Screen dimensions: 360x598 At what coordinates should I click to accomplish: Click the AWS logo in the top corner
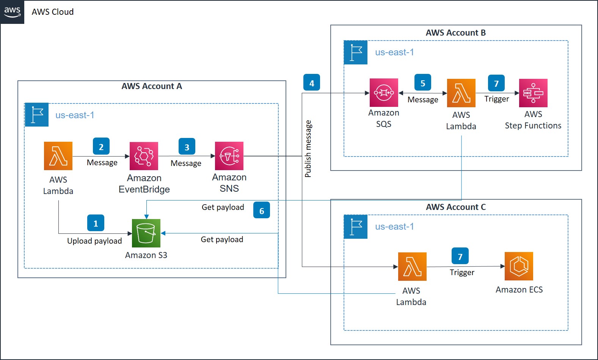point(12,12)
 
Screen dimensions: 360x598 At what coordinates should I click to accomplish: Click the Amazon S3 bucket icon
point(146,233)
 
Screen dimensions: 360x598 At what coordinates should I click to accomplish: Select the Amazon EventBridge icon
point(144,156)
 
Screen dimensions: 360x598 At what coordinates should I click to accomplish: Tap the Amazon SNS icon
point(229,156)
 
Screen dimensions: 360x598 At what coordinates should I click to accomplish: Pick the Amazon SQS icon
point(384,92)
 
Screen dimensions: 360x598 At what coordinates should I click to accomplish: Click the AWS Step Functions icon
point(533,93)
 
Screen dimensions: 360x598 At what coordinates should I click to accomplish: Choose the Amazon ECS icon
point(519,266)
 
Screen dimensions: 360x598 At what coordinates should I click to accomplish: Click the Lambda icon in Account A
point(58,156)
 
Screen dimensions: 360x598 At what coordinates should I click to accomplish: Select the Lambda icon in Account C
point(412,266)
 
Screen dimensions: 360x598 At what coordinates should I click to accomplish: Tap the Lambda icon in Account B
point(461,93)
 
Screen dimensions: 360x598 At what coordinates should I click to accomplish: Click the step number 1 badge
point(96,223)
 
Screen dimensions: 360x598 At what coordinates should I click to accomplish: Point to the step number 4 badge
point(312,83)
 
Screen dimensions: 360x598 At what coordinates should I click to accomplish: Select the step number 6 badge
point(262,210)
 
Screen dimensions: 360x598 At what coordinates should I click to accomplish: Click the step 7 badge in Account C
point(460,256)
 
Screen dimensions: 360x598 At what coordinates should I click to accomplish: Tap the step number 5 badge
point(423,82)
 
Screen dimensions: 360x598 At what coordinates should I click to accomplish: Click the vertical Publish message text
point(308,149)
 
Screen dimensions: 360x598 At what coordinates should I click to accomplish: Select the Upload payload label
point(94,241)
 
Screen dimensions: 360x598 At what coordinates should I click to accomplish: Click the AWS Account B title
point(455,33)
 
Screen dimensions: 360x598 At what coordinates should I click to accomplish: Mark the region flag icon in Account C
point(356,227)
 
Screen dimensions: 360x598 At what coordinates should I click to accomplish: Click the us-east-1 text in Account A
point(75,115)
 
